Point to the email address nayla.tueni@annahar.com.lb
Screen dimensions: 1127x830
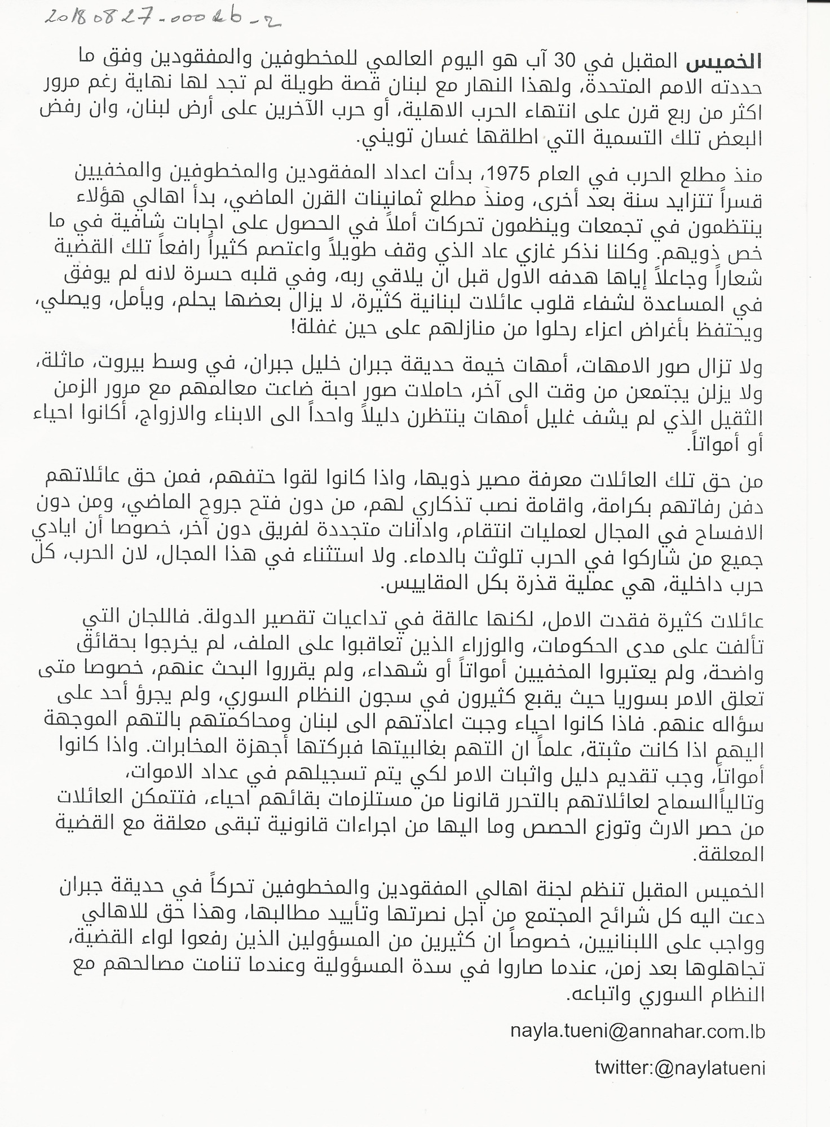[x=637, y=1031]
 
